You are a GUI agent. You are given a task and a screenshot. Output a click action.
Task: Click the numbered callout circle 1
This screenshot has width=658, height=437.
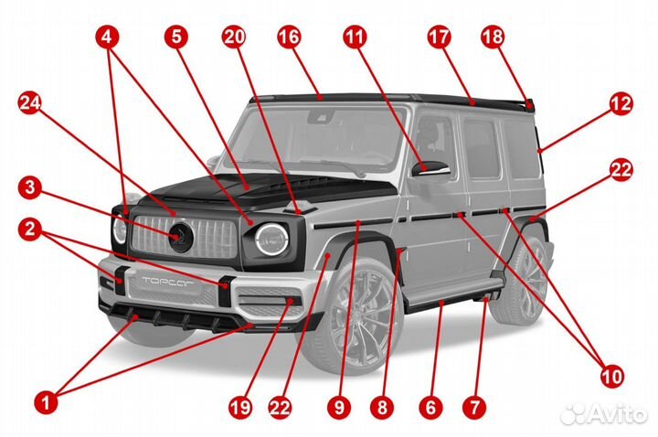(x=48, y=400)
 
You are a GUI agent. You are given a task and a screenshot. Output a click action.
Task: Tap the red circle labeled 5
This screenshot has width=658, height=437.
(x=176, y=37)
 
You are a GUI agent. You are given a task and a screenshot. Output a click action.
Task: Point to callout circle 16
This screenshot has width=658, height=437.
(x=289, y=37)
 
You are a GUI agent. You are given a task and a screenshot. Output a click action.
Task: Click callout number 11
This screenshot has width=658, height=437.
(x=354, y=37)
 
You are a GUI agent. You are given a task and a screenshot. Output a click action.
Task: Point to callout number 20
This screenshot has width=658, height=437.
(x=234, y=37)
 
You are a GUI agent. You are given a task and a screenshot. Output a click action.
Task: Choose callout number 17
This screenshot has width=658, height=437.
(x=439, y=37)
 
